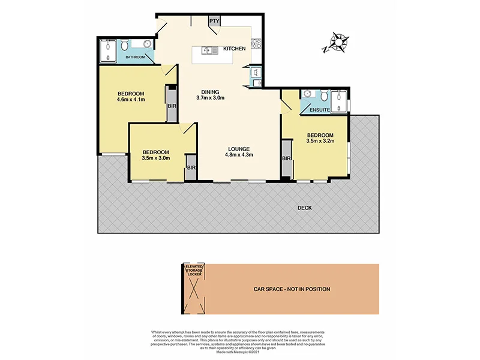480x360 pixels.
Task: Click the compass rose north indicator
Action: click(337, 43)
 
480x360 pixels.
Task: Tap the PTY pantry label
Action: click(214, 21)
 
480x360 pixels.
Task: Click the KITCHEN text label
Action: click(234, 49)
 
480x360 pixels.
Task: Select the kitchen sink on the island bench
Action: click(210, 50)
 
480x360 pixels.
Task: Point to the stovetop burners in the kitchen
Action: click(256, 43)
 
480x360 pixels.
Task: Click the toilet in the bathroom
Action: click(124, 46)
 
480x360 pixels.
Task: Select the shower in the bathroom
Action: click(108, 50)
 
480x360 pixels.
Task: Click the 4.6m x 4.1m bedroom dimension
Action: click(131, 100)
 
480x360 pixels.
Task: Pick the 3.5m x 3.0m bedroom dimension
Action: click(155, 158)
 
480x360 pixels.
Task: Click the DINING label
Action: click(210, 91)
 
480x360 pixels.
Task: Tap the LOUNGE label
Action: click(238, 149)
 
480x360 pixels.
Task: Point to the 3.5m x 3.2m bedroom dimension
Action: click(320, 141)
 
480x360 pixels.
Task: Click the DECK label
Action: click(305, 208)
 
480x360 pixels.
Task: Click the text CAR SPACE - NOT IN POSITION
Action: click(292, 289)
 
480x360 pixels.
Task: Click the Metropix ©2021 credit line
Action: click(239, 353)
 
